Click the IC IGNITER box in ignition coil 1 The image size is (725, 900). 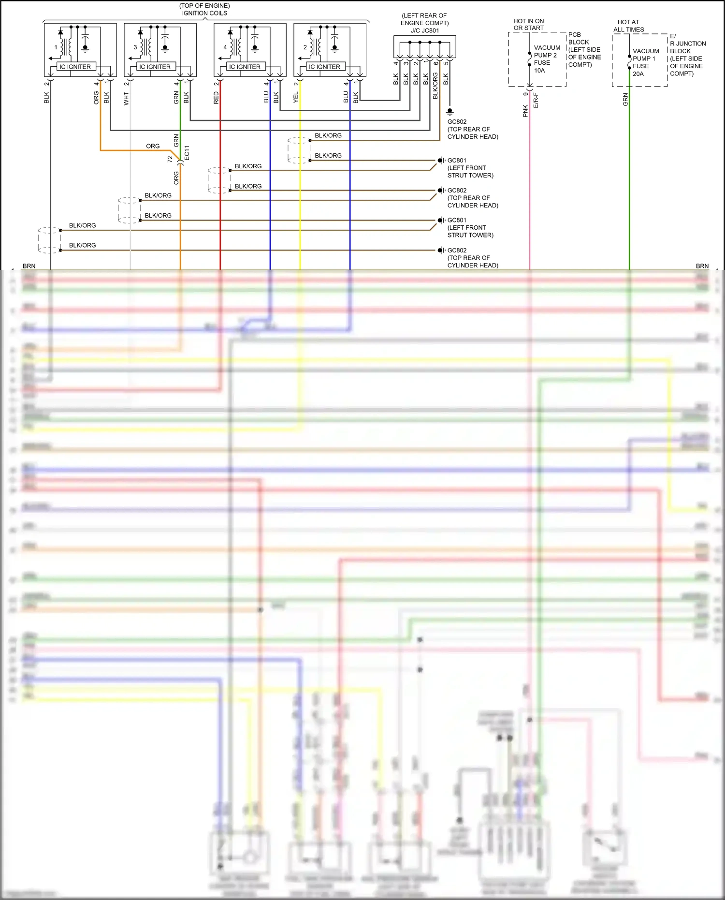75,67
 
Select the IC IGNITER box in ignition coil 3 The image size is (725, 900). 155,67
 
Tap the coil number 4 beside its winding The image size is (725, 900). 225,47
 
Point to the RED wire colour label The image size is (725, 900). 216,98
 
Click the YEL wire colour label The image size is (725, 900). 296,98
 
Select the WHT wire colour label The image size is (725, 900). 126,99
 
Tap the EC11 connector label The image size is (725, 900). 188,153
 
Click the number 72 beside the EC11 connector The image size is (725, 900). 170,159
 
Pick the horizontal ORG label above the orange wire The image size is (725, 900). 153,146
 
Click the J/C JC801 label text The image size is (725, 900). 425,30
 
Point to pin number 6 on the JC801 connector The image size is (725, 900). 435,63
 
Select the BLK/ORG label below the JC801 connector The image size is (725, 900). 435,86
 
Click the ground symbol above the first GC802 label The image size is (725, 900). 449,112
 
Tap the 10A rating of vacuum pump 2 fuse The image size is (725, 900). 539,71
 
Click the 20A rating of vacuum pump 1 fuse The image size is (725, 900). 638,74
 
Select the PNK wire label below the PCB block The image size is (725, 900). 525,111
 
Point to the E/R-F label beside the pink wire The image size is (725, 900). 536,101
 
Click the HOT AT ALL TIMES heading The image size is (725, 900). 628,26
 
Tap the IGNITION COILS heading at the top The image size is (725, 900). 204,13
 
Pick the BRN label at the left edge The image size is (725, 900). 29,266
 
